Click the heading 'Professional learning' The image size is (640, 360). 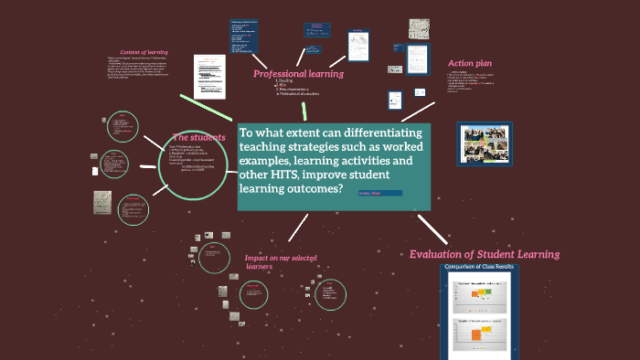coord(298,73)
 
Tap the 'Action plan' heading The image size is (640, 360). coord(471,63)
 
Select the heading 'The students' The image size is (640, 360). coord(198,137)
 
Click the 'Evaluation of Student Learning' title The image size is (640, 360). coord(484,254)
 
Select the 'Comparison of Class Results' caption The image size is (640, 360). coord(479,267)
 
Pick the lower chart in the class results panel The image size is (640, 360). coord(479,334)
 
